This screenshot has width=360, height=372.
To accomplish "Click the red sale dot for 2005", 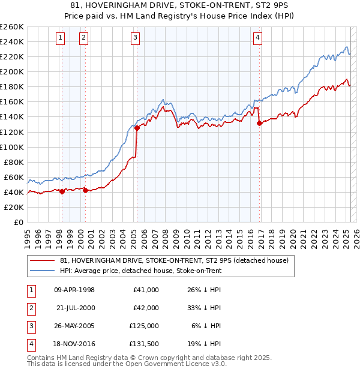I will click(x=137, y=128).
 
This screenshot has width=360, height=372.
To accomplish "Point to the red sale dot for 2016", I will click(x=259, y=123).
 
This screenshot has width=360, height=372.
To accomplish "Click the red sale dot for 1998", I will click(x=62, y=191).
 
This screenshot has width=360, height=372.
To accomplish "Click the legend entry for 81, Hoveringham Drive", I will click(x=174, y=260).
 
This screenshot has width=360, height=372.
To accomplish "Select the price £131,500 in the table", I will click(x=145, y=344).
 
